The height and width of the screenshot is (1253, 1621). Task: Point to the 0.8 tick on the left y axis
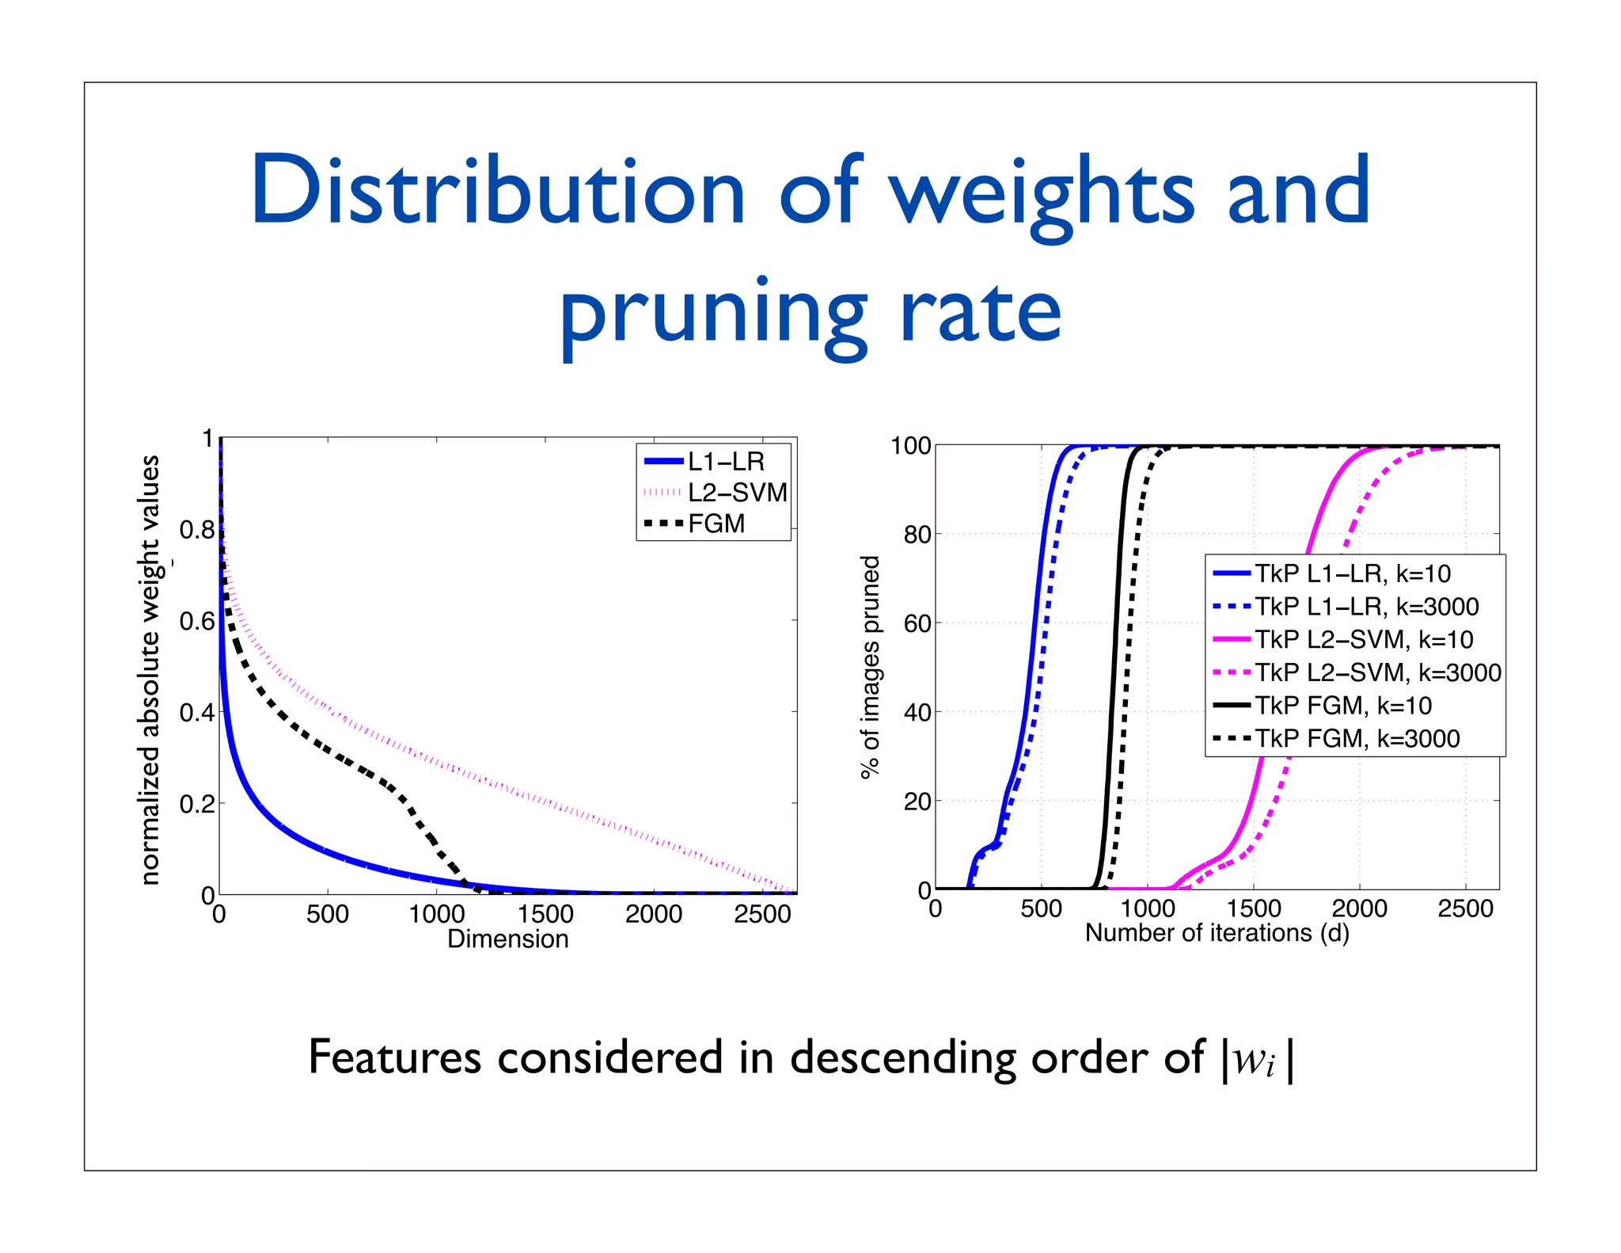197,530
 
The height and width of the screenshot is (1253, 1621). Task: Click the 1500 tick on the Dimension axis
545,914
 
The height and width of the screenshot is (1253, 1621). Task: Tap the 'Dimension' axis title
507,939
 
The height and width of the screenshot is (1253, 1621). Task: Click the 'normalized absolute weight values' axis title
150,669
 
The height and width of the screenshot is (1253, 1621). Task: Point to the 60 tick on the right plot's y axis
917,623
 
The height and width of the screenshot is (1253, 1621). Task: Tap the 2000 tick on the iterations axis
1359,908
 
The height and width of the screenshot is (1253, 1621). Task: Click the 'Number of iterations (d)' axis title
1217,933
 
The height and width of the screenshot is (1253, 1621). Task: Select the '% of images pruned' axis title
871,667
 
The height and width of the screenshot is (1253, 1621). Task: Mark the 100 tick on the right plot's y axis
911,446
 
